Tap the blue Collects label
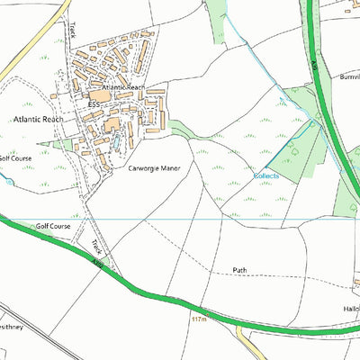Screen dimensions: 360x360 point(266,175)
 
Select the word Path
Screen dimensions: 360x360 point(239,270)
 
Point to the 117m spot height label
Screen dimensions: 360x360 point(199,318)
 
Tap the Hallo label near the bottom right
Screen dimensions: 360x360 point(350,307)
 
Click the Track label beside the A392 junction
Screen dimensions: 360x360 point(96,246)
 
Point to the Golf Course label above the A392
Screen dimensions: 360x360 point(53,226)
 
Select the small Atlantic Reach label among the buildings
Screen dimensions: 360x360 point(123,87)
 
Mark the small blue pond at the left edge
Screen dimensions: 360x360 point(9,181)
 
